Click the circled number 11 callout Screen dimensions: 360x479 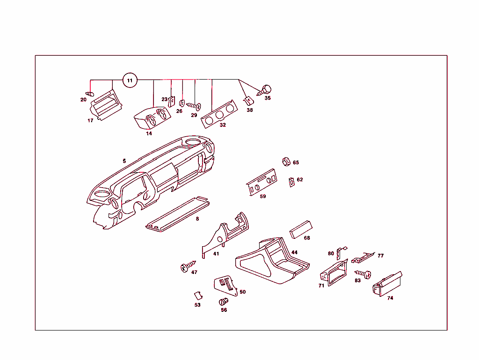(130, 81)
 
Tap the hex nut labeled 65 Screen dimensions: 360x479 (285, 162)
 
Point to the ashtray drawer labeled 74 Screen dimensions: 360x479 (387, 284)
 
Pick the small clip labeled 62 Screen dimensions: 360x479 (291, 182)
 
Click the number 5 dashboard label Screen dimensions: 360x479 (124, 161)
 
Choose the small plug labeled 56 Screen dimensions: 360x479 (223, 302)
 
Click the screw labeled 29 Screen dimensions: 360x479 (194, 106)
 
